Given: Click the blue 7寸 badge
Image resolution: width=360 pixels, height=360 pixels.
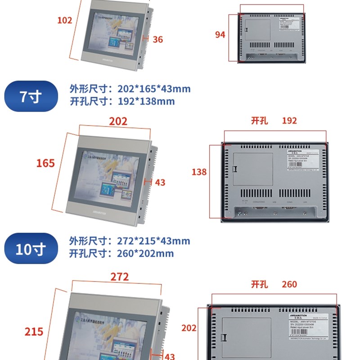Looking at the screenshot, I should coord(31,96).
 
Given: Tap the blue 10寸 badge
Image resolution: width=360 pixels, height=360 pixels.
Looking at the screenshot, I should coord(31,248).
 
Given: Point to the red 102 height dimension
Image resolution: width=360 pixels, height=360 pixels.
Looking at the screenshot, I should coord(65,20).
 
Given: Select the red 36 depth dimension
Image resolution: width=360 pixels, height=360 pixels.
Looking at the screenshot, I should coord(157,40).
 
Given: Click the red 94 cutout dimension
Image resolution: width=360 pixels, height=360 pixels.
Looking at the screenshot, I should coord(220,35).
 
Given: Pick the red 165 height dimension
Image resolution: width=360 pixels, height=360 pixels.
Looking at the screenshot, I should coord(45,163).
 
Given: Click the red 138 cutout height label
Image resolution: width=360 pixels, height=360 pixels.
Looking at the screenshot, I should coord(199,171).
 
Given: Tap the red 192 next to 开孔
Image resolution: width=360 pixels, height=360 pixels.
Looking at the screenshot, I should coord(289,121).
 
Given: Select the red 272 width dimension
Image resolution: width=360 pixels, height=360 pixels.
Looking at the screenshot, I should coord(120,277).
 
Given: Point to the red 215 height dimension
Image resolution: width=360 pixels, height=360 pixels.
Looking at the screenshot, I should coord(34,332).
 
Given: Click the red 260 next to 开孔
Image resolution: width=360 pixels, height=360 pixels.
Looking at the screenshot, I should coord(289,284).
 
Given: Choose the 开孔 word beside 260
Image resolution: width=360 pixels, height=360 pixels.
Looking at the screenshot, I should coord(259,284).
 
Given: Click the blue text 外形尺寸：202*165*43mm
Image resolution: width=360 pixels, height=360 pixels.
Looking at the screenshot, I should coord(130,89).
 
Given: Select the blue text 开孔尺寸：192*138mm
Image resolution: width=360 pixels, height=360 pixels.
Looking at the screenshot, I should coord(122,101).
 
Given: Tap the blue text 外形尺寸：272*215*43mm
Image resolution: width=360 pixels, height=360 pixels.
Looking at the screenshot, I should coord(130,241).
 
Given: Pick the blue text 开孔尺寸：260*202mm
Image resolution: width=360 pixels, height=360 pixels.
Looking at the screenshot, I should coord(121,253).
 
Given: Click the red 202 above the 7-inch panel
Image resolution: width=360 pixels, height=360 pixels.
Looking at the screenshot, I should coord(118,121).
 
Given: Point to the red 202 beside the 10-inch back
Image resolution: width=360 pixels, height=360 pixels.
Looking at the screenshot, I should coord(189,328).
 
